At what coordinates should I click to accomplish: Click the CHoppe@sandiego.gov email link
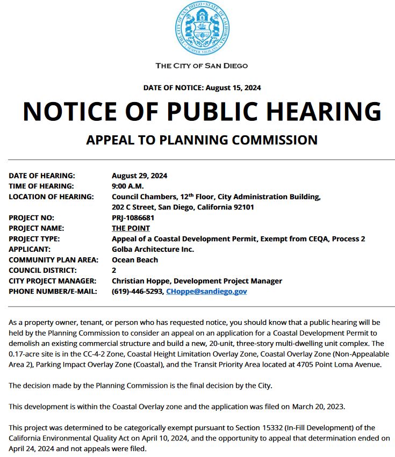click(x=206, y=291)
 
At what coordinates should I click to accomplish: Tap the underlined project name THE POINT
click(x=131, y=228)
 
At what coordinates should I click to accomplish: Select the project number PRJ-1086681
click(x=133, y=218)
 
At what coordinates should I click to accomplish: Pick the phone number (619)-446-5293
click(x=137, y=291)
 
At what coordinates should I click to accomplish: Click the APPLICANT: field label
click(x=30, y=249)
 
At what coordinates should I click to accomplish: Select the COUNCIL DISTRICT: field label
click(x=43, y=270)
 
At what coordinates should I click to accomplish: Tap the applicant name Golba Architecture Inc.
click(x=153, y=249)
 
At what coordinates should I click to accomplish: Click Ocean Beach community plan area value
click(x=135, y=260)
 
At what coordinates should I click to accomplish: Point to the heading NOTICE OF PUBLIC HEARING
click(x=202, y=111)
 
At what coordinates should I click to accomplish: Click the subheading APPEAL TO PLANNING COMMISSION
click(x=202, y=140)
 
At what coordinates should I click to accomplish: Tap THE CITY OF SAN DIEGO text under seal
click(x=202, y=66)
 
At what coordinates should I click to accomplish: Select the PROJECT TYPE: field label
click(x=34, y=239)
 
